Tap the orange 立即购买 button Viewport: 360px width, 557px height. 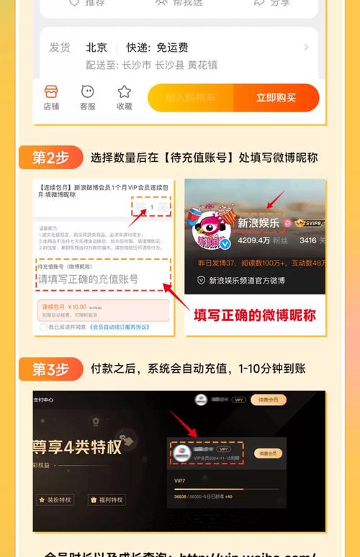point(276,98)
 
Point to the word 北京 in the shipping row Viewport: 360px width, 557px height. point(96,47)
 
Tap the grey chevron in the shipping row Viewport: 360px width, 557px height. point(306,47)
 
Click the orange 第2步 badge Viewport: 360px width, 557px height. point(50,157)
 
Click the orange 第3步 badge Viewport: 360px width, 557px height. point(50,369)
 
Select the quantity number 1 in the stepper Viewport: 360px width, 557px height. point(152,208)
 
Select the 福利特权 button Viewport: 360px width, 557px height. point(107,499)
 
